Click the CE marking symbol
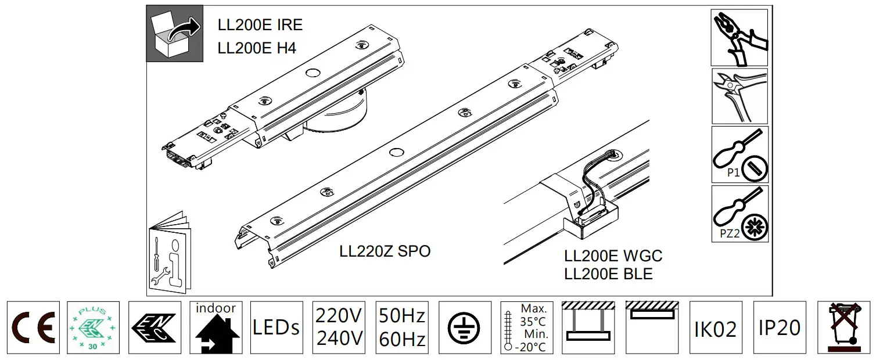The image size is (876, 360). (x=33, y=327)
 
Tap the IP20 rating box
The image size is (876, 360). (x=779, y=327)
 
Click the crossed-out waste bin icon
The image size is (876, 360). (x=843, y=327)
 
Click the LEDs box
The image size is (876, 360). (x=277, y=327)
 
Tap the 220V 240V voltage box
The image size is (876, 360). (x=339, y=327)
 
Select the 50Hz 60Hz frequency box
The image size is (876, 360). (x=401, y=327)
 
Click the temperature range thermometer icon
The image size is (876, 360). (x=526, y=327)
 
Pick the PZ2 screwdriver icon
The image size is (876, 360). (x=739, y=214)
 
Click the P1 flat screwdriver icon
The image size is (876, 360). (x=739, y=154)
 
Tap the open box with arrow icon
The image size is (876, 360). (x=175, y=34)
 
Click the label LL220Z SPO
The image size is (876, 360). (x=385, y=251)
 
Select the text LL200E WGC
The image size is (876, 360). (x=613, y=256)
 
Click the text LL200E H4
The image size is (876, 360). (x=257, y=48)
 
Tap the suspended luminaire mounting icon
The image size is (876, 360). (x=588, y=327)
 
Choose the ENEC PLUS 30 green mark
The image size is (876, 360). (x=94, y=327)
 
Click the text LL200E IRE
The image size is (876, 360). (x=260, y=26)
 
